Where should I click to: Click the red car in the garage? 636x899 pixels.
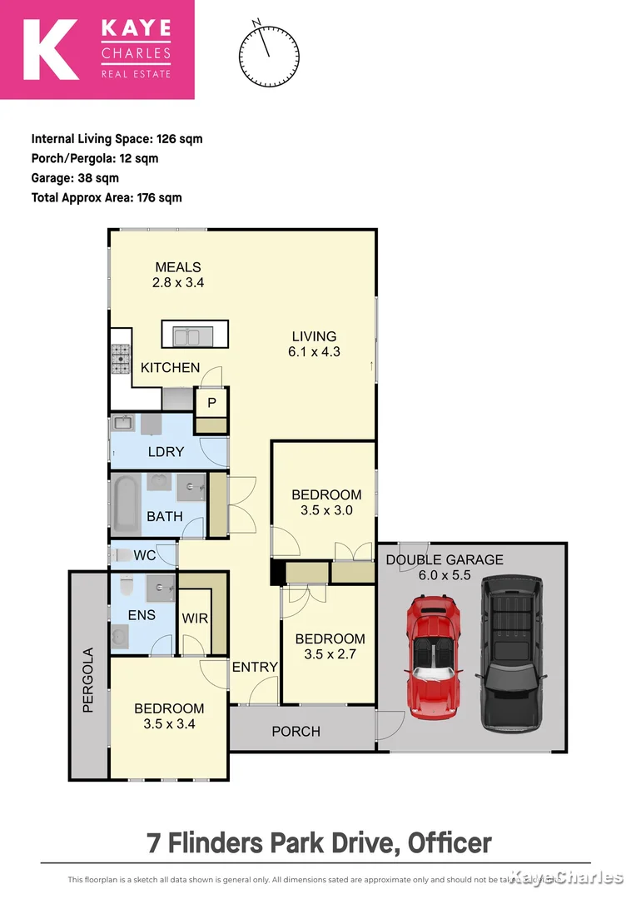click(433, 658)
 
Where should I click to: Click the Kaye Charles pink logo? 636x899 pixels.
click(97, 50)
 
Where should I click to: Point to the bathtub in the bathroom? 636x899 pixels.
click(126, 505)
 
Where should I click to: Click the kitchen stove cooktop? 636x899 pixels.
click(122, 360)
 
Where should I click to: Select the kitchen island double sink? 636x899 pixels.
click(192, 335)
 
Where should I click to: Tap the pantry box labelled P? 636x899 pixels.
click(211, 402)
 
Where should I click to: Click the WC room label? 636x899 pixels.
click(145, 555)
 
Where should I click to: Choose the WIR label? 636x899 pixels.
click(196, 619)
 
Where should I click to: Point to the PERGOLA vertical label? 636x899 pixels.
click(87, 686)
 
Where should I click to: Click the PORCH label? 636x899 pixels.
click(296, 731)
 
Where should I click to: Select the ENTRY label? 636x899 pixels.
click(255, 667)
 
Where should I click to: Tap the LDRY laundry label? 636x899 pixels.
click(166, 452)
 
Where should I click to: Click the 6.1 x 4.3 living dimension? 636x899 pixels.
click(314, 352)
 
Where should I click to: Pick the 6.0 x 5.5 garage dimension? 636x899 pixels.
click(444, 575)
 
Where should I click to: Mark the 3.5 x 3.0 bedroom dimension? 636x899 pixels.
click(326, 510)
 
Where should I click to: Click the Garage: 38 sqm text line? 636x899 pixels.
click(75, 178)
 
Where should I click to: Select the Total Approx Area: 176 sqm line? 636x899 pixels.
click(107, 198)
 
